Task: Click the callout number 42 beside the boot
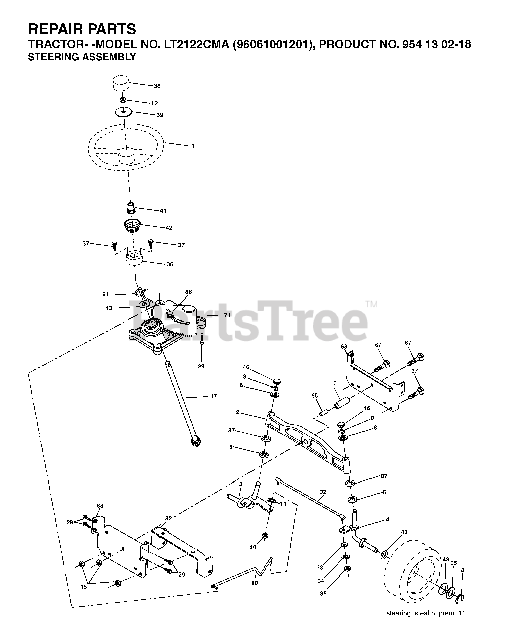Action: (169, 228)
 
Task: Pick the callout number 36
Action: (170, 264)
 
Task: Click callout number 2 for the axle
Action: (238, 413)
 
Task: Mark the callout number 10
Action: (255, 583)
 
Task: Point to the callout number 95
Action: (453, 563)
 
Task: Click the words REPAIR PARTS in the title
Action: (82, 29)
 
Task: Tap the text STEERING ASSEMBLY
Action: (81, 57)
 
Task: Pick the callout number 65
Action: (315, 396)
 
